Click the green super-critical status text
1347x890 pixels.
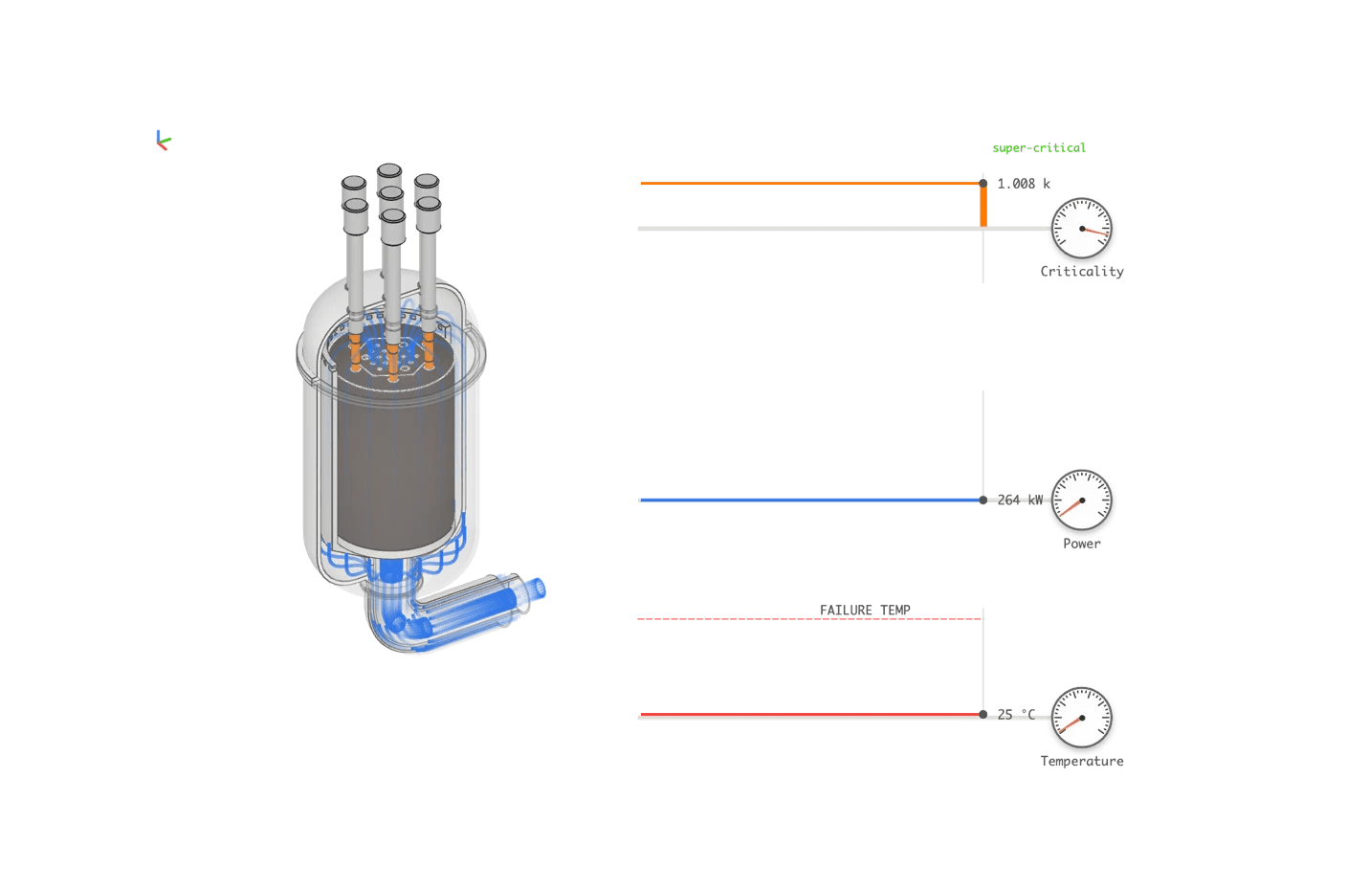(1039, 147)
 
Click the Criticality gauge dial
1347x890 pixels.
(1082, 230)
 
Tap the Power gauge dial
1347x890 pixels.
(1082, 501)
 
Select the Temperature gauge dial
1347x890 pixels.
(1082, 719)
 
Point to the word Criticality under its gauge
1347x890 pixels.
(1082, 272)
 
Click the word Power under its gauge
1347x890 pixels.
(1082, 544)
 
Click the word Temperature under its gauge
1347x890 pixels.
(1082, 762)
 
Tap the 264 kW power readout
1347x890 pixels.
(1021, 500)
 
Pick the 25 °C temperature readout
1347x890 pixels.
(1016, 714)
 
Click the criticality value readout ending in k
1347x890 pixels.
(1024, 183)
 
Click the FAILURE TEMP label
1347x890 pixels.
(865, 610)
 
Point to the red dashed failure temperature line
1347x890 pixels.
(727, 618)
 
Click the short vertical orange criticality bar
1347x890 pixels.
(983, 206)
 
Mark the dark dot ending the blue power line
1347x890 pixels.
(983, 501)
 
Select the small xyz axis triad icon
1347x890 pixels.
(162, 141)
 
